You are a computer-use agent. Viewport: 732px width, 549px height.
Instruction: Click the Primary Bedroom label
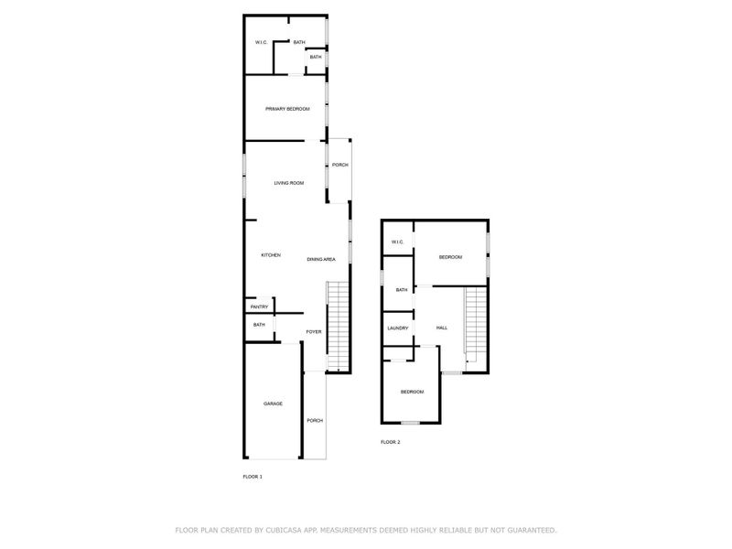pos(287,109)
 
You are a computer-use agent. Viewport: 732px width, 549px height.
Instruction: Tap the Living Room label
pos(288,183)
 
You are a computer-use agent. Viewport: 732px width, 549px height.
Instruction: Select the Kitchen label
pos(270,254)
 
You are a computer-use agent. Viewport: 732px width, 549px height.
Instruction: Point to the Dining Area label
pos(320,259)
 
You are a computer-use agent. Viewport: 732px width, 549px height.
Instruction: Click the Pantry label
pos(259,307)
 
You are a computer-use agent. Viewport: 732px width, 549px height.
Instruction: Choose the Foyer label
pos(313,331)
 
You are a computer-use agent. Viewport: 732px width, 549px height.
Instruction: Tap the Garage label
pos(273,404)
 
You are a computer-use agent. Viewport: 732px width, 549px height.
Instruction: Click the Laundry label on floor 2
pos(397,328)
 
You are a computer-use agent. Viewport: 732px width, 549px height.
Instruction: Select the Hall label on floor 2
pos(441,328)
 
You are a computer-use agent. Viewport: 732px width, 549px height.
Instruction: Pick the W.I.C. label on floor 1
pos(261,43)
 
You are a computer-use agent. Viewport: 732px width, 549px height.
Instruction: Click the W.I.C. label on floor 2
pos(397,242)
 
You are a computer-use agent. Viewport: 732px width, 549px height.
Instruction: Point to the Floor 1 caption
pos(252,477)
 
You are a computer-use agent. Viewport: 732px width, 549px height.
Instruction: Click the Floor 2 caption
pos(390,442)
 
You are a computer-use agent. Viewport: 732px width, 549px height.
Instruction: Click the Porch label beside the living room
pos(339,165)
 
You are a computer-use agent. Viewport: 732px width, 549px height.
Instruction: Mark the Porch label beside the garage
pos(314,420)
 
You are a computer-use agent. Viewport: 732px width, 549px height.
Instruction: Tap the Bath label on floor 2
pos(402,290)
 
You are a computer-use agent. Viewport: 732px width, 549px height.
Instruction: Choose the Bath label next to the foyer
pos(259,325)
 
